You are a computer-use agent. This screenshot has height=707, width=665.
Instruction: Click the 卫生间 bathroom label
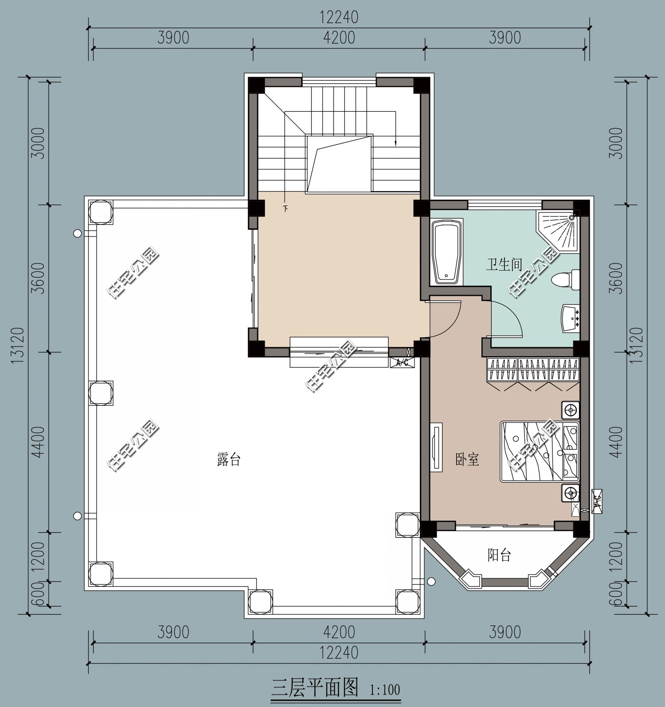coord(504,265)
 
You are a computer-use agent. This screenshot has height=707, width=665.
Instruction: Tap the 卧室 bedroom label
coord(467,459)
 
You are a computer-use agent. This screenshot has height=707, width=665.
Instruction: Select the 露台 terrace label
coord(229,459)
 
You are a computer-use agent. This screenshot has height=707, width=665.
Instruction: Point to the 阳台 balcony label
coord(500,555)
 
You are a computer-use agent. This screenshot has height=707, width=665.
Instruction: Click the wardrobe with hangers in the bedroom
coord(533,369)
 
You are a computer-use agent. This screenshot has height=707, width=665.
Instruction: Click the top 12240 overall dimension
coord(339,17)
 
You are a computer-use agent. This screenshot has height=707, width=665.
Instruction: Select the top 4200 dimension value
coord(339,38)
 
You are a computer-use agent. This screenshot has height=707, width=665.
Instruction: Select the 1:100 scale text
coord(384,690)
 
